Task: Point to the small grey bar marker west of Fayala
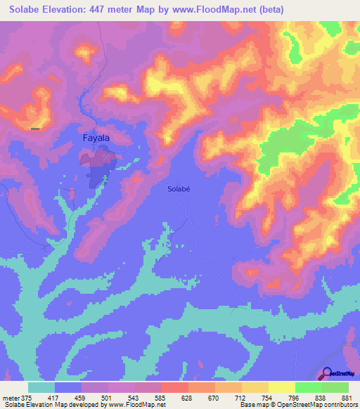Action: (x=35, y=129)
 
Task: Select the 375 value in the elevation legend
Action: (x=25, y=396)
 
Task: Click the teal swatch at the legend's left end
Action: (x=41, y=387)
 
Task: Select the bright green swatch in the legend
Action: (x=308, y=387)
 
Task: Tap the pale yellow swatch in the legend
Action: (x=281, y=387)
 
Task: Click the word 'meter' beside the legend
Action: (x=10, y=396)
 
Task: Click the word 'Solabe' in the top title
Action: (x=20, y=9)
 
